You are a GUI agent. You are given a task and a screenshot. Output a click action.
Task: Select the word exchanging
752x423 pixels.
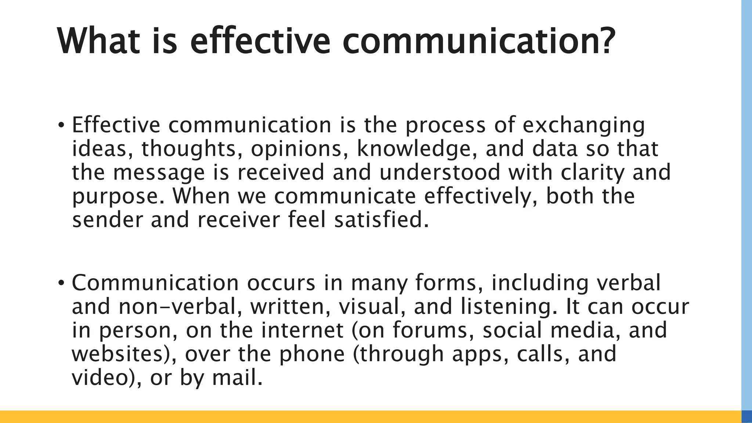583,126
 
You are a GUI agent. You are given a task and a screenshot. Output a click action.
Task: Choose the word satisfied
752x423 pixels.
380,220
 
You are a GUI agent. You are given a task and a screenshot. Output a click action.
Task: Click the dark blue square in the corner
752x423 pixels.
746,417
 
